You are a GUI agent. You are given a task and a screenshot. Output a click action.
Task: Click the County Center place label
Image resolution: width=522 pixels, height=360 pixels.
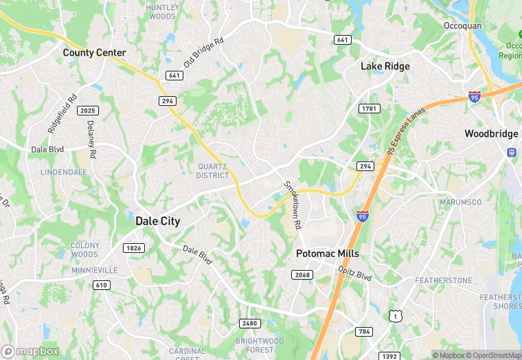pos(95,52)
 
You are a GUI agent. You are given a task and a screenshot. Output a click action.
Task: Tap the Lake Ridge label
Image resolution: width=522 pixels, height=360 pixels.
pos(385,67)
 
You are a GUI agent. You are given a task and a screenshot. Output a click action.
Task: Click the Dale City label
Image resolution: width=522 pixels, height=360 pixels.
pos(158,221)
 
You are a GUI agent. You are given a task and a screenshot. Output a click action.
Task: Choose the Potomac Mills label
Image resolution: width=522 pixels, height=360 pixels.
pos(328,254)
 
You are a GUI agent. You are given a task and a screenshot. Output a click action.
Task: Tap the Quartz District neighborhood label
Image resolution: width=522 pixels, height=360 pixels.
pos(212,170)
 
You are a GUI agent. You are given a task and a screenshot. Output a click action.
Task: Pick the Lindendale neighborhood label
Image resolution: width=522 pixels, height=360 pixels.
pos(65,172)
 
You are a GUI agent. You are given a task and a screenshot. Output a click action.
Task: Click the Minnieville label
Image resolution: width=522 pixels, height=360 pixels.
pos(95,270)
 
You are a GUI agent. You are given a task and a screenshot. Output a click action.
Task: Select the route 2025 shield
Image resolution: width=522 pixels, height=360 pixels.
pos(88,111)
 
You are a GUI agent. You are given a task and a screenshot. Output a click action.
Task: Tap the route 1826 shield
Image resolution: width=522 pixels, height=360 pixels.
pos(133,247)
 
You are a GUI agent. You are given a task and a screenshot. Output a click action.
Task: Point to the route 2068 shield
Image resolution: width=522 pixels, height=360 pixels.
pos(303,275)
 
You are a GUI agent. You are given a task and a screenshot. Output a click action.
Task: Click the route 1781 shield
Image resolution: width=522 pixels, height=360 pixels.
pos(369,109)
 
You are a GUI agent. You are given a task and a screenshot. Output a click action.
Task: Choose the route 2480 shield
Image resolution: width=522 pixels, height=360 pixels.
pos(250,324)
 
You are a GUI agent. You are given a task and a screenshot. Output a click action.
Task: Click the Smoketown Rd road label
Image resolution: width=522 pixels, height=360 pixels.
pos(293,205)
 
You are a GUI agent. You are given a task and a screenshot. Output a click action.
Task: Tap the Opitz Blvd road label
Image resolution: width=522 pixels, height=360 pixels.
pos(354,274)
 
